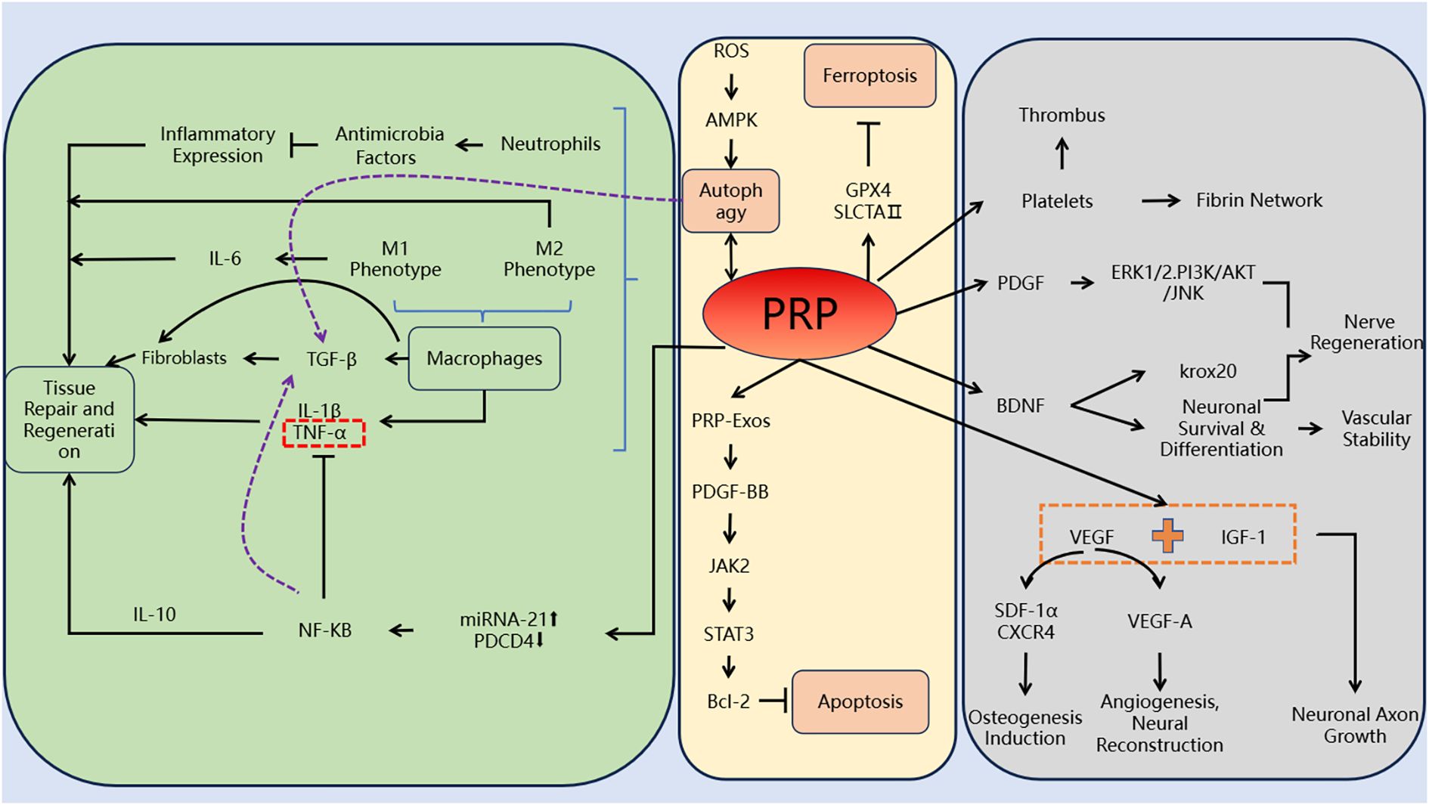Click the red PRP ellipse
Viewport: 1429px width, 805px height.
pyautogui.click(x=799, y=313)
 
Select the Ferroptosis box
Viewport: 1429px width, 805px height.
pyautogui.click(x=869, y=76)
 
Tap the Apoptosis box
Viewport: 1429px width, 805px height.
pyautogui.click(x=860, y=701)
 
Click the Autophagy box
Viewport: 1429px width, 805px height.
pyautogui.click(x=730, y=201)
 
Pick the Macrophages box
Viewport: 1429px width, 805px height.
pyautogui.click(x=484, y=358)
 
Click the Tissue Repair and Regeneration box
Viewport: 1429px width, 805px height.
pyautogui.click(x=69, y=420)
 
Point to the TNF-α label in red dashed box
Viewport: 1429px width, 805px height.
pyautogui.click(x=324, y=433)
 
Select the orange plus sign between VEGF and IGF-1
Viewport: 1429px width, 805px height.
pyautogui.click(x=1167, y=536)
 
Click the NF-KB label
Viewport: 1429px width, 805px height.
pyautogui.click(x=324, y=630)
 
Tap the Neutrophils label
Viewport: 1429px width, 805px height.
pyautogui.click(x=550, y=144)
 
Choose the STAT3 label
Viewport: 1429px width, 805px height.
pyautogui.click(x=728, y=634)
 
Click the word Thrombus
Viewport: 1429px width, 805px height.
pyautogui.click(x=1062, y=116)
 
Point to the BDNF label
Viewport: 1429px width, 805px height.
pyautogui.click(x=1020, y=406)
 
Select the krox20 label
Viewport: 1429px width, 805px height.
pyautogui.click(x=1207, y=371)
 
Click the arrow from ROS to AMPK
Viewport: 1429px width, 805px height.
pyautogui.click(x=730, y=85)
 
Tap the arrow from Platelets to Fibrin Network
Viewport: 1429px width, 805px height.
pyautogui.click(x=1161, y=201)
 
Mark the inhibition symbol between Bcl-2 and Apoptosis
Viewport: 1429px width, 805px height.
pyautogui.click(x=775, y=701)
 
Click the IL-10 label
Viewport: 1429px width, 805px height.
pyautogui.click(x=154, y=615)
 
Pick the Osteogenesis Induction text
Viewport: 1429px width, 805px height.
pyautogui.click(x=1024, y=727)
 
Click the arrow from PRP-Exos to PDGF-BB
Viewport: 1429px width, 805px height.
pyautogui.click(x=730, y=456)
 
